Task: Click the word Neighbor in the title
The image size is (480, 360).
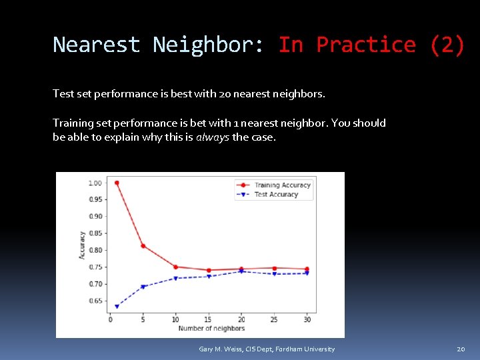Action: click(208, 45)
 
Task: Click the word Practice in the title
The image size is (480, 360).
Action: click(365, 45)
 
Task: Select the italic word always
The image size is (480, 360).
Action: click(212, 137)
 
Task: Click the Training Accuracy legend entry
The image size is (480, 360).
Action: click(282, 185)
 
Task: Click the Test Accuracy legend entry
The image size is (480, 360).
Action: click(275, 195)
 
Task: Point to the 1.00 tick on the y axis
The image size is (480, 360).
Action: click(95, 183)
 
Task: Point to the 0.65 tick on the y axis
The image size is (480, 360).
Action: click(95, 301)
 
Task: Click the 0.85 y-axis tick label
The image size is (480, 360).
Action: click(95, 233)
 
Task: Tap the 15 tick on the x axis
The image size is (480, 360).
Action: click(208, 319)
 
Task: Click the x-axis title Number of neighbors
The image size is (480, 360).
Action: click(211, 328)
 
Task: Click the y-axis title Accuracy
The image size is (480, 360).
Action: click(83, 245)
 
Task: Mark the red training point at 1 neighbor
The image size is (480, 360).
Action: click(117, 183)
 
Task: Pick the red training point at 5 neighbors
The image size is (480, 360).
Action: click(143, 246)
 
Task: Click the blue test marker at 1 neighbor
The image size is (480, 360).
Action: click(117, 307)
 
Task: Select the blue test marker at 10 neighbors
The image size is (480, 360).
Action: click(175, 279)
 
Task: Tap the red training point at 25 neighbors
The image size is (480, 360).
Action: click(274, 268)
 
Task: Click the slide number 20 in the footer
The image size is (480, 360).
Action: click(461, 349)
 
